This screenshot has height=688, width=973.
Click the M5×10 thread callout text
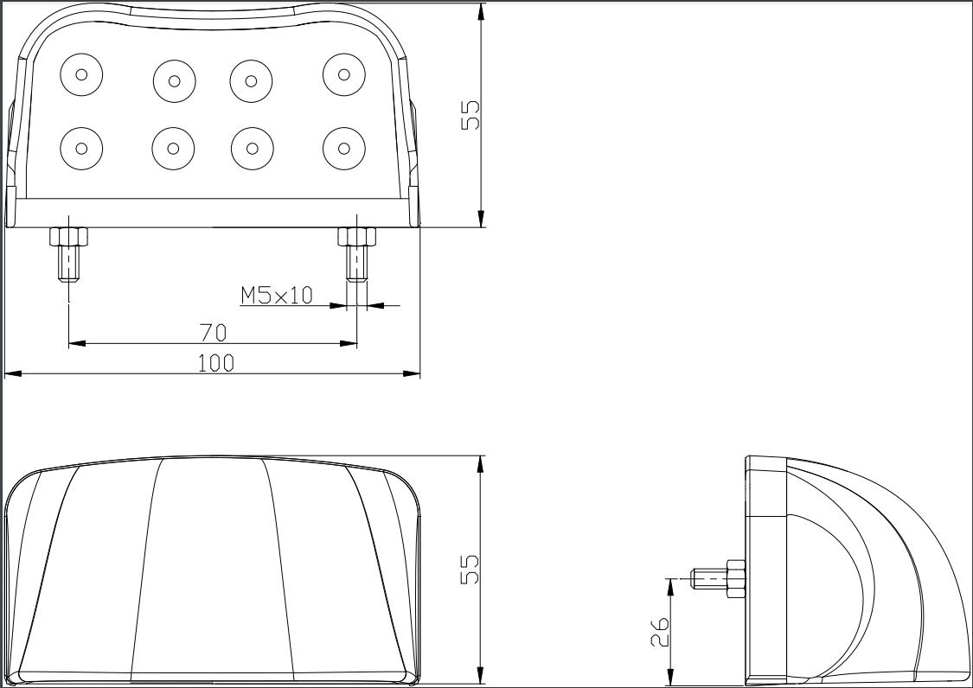pyautogui.click(x=277, y=296)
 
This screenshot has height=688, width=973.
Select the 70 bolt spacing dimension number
pyautogui.click(x=214, y=333)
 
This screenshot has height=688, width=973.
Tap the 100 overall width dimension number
pyautogui.click(x=216, y=363)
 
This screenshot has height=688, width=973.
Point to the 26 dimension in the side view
pyautogui.click(x=660, y=632)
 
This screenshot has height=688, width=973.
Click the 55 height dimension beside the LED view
pyautogui.click(x=470, y=115)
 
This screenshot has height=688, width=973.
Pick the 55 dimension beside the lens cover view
pyautogui.click(x=470, y=570)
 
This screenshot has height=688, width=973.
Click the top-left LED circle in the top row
pyautogui.click(x=81, y=74)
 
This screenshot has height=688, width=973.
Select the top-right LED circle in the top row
pyautogui.click(x=343, y=74)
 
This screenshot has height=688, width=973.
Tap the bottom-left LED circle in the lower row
pyautogui.click(x=81, y=149)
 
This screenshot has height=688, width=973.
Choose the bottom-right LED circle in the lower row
pyautogui.click(x=343, y=149)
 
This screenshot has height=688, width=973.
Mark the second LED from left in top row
pyautogui.click(x=175, y=80)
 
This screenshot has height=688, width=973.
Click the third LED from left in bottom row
pyautogui.click(x=252, y=149)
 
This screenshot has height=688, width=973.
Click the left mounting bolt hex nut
pyautogui.click(x=68, y=236)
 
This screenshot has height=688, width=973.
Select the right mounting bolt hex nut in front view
pyautogui.click(x=357, y=236)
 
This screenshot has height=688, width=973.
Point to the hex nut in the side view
pyautogui.click(x=734, y=579)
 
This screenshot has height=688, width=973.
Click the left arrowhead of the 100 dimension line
pyautogui.click(x=13, y=374)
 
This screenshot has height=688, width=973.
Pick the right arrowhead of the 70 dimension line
pyautogui.click(x=349, y=343)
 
